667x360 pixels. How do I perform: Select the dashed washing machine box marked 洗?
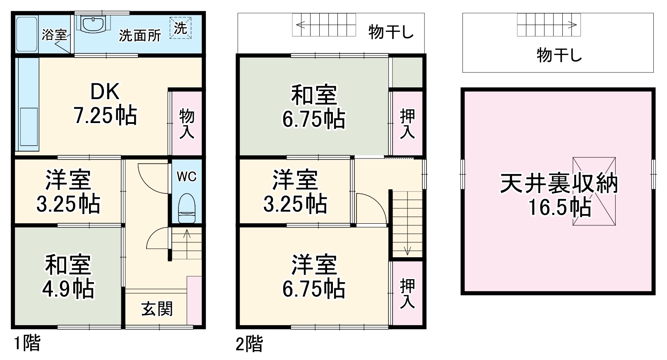[181, 28]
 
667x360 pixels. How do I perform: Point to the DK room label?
[105, 92]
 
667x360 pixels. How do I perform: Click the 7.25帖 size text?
[105, 116]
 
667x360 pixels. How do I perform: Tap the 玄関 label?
[157, 309]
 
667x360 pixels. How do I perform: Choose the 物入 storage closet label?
[187, 124]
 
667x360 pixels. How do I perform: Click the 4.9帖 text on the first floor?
[68, 289]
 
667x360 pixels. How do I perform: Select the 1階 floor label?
[27, 343]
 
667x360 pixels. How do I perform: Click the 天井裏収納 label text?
[559, 184]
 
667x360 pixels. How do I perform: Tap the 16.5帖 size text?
[559, 208]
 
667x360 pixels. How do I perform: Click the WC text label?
[187, 177]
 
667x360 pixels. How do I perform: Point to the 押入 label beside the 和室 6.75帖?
[407, 124]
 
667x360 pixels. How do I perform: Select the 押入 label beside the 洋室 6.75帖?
[407, 293]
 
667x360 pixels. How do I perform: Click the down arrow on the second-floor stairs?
[407, 250]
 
